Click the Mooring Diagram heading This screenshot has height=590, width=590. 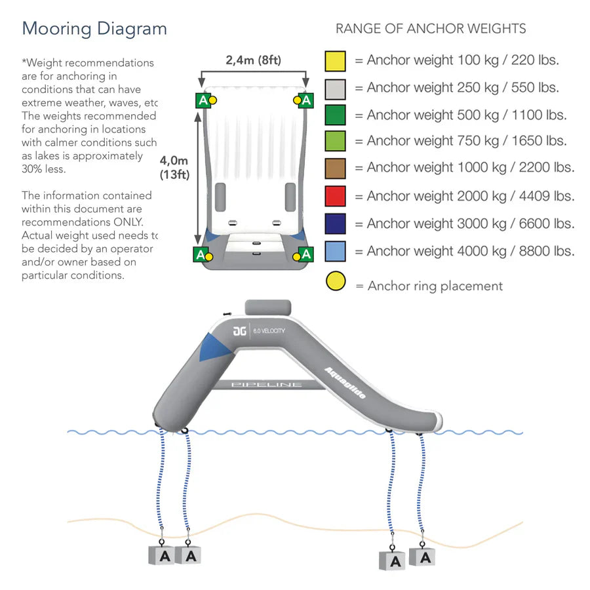click(x=94, y=29)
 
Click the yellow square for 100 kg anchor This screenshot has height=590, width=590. click(x=335, y=60)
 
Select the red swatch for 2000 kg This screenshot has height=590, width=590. click(x=335, y=196)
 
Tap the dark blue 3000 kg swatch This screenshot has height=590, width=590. click(x=335, y=224)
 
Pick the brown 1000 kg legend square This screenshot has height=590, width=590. click(x=335, y=168)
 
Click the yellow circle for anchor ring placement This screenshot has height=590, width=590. click(x=335, y=283)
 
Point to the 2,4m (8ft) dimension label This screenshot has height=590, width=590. click(x=253, y=60)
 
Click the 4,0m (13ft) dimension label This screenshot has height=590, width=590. click(x=174, y=167)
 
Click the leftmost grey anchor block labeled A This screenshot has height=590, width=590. click(x=162, y=555)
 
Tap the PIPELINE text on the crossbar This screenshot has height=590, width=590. click(x=267, y=384)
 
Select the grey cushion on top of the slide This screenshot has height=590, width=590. click(x=267, y=307)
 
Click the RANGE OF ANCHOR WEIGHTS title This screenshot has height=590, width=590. click(x=431, y=29)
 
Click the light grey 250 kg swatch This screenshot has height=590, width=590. click(x=335, y=88)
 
